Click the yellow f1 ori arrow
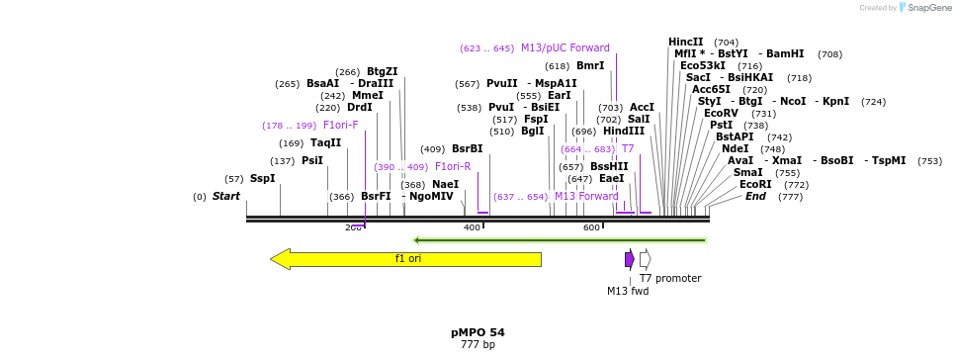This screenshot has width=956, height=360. tap(406, 259)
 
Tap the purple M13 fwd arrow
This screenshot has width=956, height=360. tap(629, 259)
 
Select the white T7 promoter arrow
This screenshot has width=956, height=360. tap(645, 259)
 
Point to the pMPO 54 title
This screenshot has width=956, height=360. tap(478, 332)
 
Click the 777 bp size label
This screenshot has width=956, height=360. tap(478, 345)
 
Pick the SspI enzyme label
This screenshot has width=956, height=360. tap(262, 179)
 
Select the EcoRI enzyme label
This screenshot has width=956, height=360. tap(755, 185)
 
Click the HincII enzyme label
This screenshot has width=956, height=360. tap(686, 43)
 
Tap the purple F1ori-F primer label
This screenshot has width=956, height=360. tap(341, 126)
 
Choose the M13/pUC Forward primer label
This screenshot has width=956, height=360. tap(565, 48)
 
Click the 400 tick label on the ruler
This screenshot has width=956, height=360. tap(472, 228)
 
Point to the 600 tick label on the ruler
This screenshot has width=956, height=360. tap(591, 228)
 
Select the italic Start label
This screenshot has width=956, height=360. tap(226, 197)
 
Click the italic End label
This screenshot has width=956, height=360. tap(755, 197)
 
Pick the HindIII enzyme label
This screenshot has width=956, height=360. tap(624, 132)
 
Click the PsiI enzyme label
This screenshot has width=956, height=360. tap(312, 161)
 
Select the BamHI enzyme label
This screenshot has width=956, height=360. tap(785, 54)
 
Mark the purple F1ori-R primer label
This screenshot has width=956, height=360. tap(453, 167)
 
